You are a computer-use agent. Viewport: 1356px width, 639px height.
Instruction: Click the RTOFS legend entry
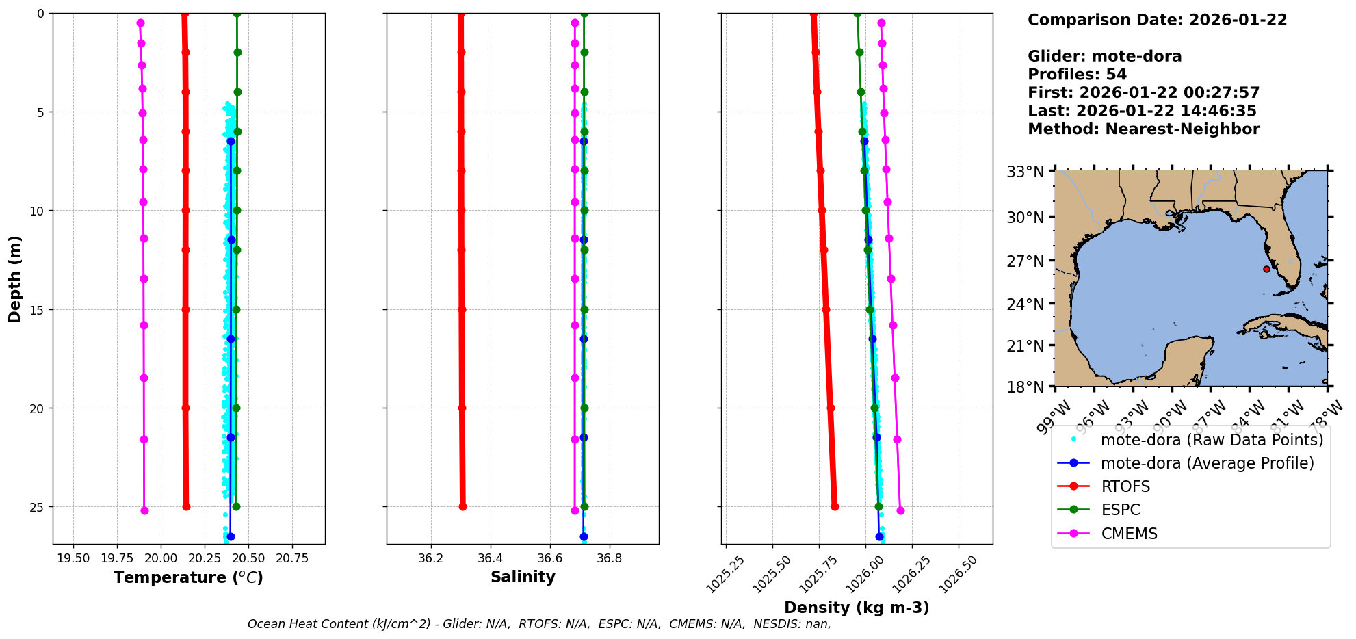(x=1125, y=486)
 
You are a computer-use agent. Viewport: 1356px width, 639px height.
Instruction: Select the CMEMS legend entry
(x=1129, y=534)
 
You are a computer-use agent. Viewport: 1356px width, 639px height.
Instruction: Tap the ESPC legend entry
(x=1121, y=510)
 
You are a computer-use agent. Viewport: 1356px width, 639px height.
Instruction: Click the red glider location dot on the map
(x=1266, y=269)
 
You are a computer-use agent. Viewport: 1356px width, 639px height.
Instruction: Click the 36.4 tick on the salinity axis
(x=491, y=558)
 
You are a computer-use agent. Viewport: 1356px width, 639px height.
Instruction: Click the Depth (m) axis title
(x=15, y=279)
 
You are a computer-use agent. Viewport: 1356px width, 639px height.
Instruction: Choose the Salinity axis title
(x=523, y=577)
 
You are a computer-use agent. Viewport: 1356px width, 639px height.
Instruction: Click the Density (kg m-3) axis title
(x=857, y=608)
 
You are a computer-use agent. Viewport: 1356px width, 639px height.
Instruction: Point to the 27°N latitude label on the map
(x=1025, y=261)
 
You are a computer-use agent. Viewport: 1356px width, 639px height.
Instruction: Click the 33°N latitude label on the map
(x=1025, y=171)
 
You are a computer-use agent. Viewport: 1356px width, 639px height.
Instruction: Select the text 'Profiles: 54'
(x=1077, y=75)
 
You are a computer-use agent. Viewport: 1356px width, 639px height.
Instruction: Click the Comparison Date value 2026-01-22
(x=1238, y=20)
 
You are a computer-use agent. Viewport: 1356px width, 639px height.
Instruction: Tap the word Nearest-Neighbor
(x=1182, y=129)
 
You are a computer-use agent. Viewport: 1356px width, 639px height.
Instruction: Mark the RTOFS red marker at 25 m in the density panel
(x=835, y=507)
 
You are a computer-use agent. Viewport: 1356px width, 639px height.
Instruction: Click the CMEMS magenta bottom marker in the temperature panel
(x=144, y=510)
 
